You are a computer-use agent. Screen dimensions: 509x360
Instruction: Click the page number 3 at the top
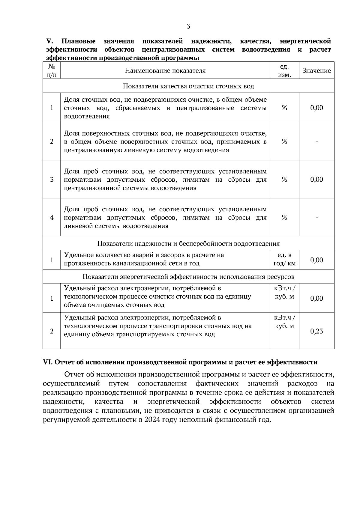click(x=188, y=26)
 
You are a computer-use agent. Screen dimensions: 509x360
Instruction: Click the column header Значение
click(x=316, y=71)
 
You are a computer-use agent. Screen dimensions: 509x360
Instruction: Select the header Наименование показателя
click(x=165, y=71)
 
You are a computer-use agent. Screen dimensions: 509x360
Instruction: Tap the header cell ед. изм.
click(x=284, y=71)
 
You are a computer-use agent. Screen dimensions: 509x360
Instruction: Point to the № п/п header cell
click(x=52, y=71)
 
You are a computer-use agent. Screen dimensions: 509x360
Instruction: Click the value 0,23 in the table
click(x=316, y=331)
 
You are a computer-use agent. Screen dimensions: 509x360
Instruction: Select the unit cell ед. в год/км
click(x=284, y=260)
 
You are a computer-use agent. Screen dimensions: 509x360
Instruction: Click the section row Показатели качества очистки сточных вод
click(x=188, y=86)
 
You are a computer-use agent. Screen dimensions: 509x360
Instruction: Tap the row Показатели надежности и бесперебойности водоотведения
click(x=188, y=244)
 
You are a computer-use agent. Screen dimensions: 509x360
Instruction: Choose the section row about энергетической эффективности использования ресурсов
click(x=188, y=277)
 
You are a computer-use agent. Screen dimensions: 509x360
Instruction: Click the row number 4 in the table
click(x=52, y=218)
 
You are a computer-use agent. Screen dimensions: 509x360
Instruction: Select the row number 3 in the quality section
click(x=52, y=180)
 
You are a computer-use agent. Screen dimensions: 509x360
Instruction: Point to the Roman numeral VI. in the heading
click(x=48, y=362)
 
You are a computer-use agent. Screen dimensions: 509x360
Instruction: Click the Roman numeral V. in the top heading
click(x=49, y=41)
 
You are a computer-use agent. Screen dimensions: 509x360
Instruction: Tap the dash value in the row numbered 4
click(x=316, y=218)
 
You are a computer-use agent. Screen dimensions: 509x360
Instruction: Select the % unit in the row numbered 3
click(x=284, y=180)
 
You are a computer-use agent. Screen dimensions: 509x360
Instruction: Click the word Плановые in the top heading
click(x=79, y=41)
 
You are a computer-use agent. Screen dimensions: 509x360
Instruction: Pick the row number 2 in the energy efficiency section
click(x=52, y=331)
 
